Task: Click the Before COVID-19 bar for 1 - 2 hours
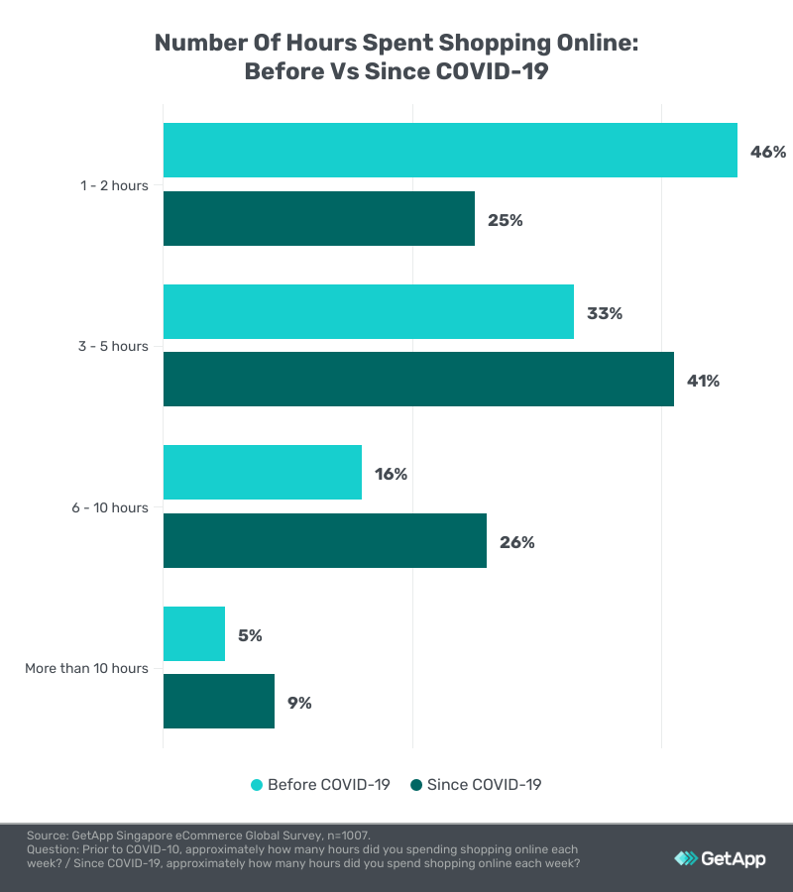point(450,151)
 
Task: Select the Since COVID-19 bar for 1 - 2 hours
point(319,219)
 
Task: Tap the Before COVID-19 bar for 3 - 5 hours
point(369,312)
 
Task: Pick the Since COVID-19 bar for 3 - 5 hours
point(418,380)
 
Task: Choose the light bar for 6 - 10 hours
point(263,473)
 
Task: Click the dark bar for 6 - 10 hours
point(325,541)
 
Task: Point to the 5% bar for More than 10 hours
point(194,634)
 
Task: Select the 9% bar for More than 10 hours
point(219,702)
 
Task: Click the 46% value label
point(767,152)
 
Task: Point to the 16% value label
point(391,474)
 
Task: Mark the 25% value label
point(505,220)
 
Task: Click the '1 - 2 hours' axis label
point(114,185)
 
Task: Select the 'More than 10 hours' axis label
point(86,668)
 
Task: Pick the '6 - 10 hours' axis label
point(109,507)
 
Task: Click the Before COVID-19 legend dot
point(257,785)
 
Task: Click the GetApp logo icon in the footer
point(685,858)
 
